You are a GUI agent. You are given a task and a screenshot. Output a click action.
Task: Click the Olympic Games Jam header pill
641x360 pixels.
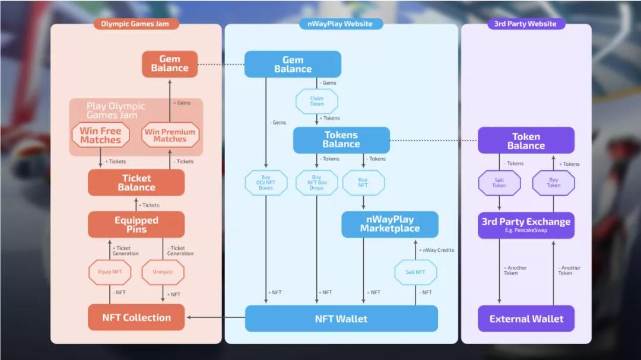point(136,24)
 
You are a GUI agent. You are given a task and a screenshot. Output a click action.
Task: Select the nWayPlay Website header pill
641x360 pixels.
point(341,24)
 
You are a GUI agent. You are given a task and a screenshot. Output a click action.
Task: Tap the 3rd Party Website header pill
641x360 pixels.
point(525,24)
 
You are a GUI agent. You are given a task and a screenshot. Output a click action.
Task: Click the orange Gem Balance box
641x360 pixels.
point(170,64)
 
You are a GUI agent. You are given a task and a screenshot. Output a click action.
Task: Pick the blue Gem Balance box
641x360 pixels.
point(293,64)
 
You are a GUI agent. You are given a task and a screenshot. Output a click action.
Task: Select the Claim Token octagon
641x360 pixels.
point(317,101)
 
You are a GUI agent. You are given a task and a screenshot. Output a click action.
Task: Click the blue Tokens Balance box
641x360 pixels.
point(341,140)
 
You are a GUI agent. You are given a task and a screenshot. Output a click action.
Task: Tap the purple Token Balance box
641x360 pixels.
point(526,141)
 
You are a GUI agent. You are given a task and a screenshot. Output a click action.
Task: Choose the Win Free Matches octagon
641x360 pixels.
point(100,135)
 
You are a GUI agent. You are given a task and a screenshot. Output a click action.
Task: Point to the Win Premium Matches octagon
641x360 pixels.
point(170,135)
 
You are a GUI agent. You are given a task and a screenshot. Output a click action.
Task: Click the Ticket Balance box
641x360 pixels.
point(136,183)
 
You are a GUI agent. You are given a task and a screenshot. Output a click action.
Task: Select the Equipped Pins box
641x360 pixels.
point(136,225)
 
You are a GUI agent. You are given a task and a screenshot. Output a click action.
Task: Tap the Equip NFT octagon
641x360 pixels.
point(109,272)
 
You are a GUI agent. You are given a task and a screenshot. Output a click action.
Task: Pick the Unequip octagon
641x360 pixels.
point(163,272)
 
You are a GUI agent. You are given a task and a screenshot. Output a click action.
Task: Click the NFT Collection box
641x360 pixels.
point(136,317)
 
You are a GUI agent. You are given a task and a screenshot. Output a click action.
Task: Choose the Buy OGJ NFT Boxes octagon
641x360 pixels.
point(266,183)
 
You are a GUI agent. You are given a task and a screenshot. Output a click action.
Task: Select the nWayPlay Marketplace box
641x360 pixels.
point(389,225)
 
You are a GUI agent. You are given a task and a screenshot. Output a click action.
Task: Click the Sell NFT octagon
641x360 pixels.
point(415,272)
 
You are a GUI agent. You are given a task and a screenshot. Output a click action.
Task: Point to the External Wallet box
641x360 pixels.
point(526,318)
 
